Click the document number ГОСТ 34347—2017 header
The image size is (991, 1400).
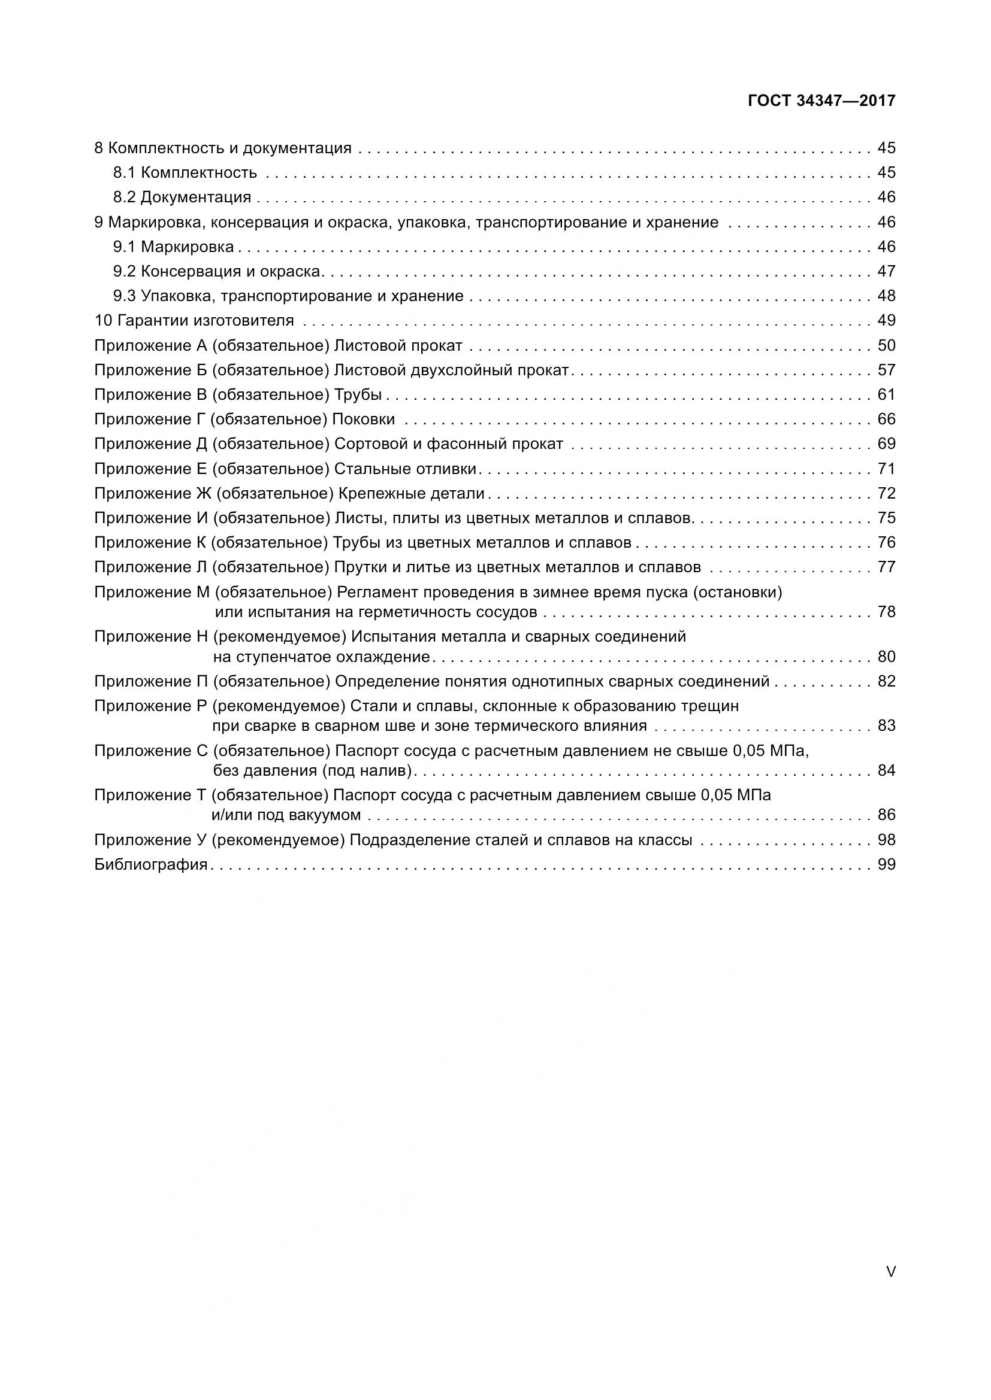tap(821, 101)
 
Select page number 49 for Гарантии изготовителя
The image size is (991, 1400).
tap(886, 321)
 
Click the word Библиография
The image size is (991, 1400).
tap(151, 865)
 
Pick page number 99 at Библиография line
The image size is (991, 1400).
tap(886, 865)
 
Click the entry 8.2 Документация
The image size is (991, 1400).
tap(182, 197)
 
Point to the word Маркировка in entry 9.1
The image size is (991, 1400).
tap(188, 247)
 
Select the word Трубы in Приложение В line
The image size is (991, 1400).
tap(358, 394)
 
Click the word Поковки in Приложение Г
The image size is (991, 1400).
tap(364, 420)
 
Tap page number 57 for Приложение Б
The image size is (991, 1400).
tap(886, 370)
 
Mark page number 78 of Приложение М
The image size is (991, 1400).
tap(886, 612)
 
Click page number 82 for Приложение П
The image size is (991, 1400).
tap(886, 681)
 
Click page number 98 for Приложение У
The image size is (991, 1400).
tap(886, 840)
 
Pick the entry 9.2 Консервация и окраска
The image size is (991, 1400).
tap(217, 271)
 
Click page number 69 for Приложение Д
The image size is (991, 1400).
tap(886, 444)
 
